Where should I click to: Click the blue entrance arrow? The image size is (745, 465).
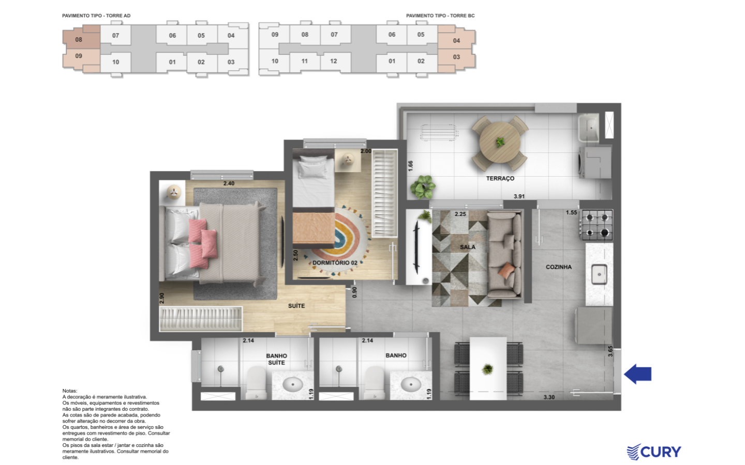[x=637, y=374]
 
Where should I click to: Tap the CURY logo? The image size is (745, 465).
[x=654, y=452]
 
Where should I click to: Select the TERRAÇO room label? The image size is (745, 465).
[x=500, y=179]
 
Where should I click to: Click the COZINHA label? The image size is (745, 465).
[x=559, y=267]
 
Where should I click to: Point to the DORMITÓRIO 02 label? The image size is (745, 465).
[x=335, y=262]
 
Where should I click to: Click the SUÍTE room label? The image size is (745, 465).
[x=296, y=306]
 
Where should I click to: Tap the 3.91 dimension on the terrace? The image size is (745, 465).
[x=519, y=196]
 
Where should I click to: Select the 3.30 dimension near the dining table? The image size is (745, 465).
[x=549, y=397]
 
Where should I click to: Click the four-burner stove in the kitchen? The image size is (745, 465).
[x=597, y=225]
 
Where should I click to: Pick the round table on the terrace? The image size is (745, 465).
[x=500, y=142]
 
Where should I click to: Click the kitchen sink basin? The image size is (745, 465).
[x=599, y=274]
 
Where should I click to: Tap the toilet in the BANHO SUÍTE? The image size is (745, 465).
[x=256, y=383]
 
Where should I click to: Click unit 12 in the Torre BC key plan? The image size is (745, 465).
[x=334, y=61]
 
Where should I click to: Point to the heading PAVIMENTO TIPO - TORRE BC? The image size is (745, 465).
[x=440, y=16]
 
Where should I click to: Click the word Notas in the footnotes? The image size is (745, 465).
[x=69, y=391]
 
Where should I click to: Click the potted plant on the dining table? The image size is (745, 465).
[x=487, y=369]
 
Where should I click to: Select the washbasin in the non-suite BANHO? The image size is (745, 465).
[x=411, y=384]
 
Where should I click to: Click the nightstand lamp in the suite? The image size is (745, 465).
[x=173, y=192]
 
